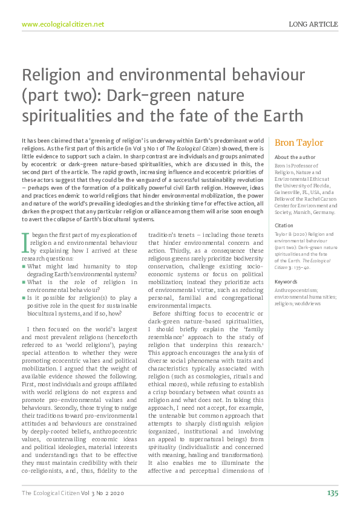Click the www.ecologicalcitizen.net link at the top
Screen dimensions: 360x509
pyautogui.click(x=63, y=24)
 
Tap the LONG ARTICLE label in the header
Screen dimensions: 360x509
pyautogui.click(x=313, y=24)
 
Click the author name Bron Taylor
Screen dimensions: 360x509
pyautogui.click(x=299, y=143)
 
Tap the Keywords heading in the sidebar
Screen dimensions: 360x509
pyautogui.click(x=286, y=282)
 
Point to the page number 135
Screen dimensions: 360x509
pyautogui.click(x=332, y=493)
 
